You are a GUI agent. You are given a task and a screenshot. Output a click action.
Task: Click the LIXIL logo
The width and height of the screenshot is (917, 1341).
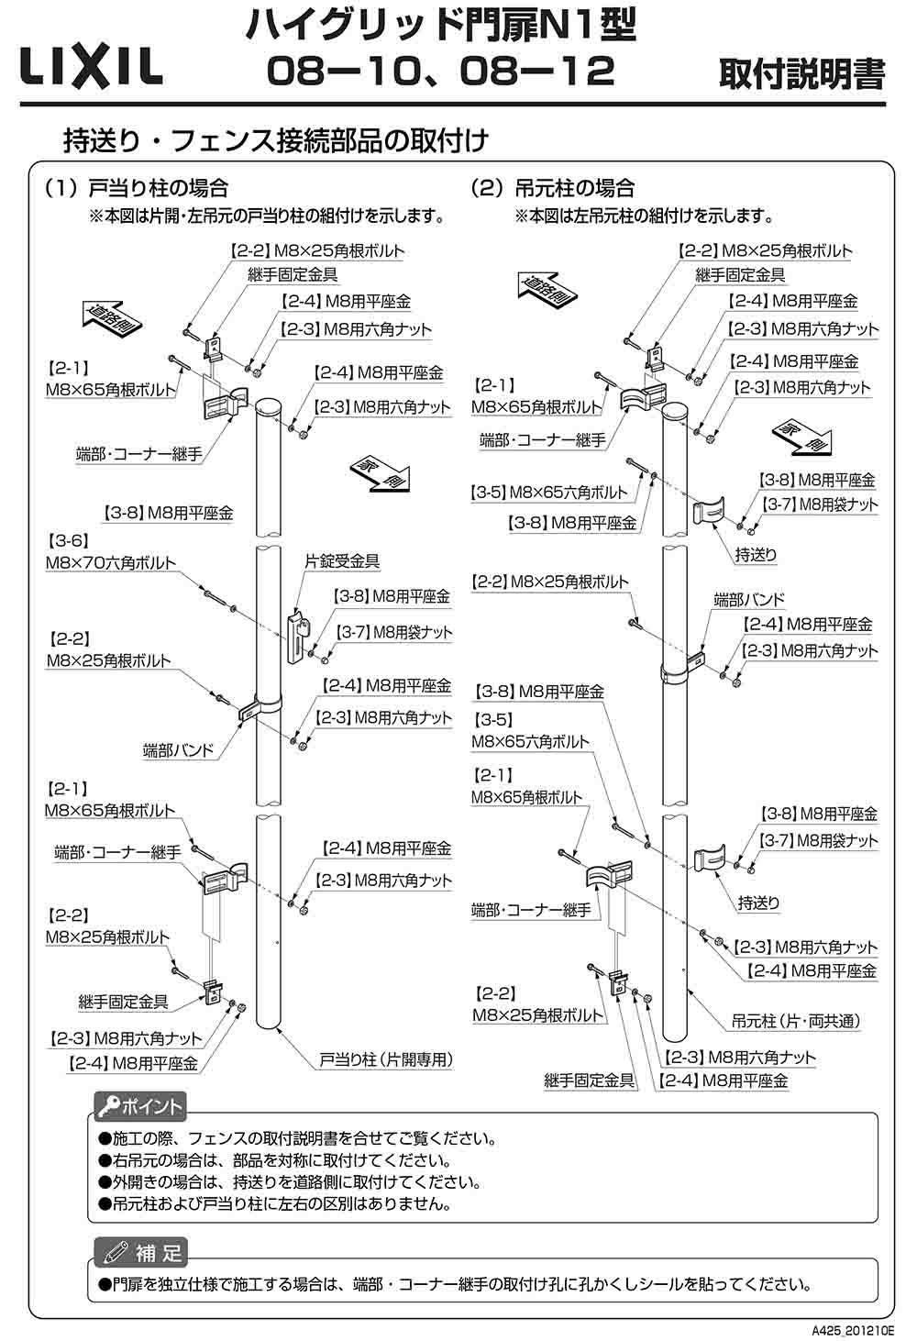(x=90, y=67)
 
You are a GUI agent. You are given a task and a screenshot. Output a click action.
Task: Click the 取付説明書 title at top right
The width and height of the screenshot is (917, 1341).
(x=801, y=74)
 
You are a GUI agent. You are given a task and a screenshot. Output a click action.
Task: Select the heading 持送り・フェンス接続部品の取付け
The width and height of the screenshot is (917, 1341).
(x=274, y=140)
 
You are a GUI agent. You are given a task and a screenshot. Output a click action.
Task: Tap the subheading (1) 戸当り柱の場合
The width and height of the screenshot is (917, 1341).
(x=136, y=189)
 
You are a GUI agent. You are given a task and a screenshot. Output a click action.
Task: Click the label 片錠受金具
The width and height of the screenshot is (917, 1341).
(x=342, y=560)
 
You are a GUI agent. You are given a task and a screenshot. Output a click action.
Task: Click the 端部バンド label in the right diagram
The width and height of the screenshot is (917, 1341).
(x=749, y=600)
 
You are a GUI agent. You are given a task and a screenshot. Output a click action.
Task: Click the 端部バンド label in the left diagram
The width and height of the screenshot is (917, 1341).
(x=178, y=749)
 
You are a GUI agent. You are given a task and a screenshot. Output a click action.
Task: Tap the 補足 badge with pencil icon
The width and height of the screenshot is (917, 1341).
(x=141, y=1251)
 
